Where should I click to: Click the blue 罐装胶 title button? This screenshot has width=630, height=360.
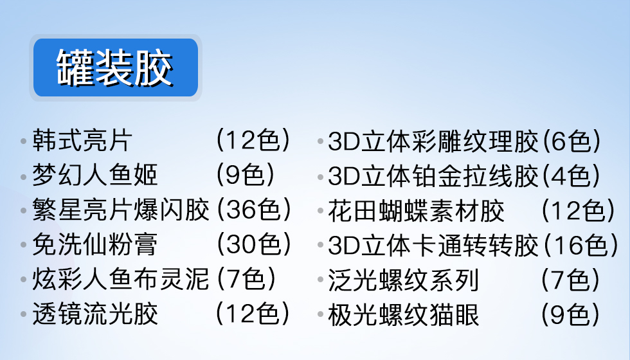pyautogui.click(x=115, y=67)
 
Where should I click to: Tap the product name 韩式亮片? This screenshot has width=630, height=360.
pyautogui.click(x=82, y=141)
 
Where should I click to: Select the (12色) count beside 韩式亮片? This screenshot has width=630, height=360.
pyautogui.click(x=253, y=140)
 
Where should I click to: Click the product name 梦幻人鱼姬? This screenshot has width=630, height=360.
pyautogui.click(x=95, y=175)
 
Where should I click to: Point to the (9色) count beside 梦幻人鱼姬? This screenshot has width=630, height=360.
pyautogui.click(x=246, y=175)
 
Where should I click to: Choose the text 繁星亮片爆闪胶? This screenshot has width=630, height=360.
pyautogui.click(x=121, y=210)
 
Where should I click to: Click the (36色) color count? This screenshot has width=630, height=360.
pyautogui.click(x=254, y=210)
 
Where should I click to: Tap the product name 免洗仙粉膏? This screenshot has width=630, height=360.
pyautogui.click(x=95, y=244)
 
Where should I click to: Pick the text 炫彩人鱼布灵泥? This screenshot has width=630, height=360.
pyautogui.click(x=121, y=279)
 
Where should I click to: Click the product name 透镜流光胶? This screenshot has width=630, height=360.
pyautogui.click(x=95, y=314)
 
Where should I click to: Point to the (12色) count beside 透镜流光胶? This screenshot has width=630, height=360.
pyautogui.click(x=253, y=314)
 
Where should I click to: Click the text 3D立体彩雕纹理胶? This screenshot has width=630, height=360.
pyautogui.click(x=433, y=141)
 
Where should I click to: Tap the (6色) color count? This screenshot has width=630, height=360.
pyautogui.click(x=571, y=141)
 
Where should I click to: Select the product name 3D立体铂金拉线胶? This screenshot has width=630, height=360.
pyautogui.click(x=433, y=175)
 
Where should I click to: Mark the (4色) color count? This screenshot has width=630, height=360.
pyautogui.click(x=571, y=175)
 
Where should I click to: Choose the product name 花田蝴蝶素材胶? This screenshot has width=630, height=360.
pyautogui.click(x=417, y=211)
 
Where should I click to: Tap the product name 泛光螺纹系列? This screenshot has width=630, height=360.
pyautogui.click(x=404, y=280)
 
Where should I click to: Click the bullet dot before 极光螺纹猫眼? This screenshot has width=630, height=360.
pyautogui.click(x=321, y=314)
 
